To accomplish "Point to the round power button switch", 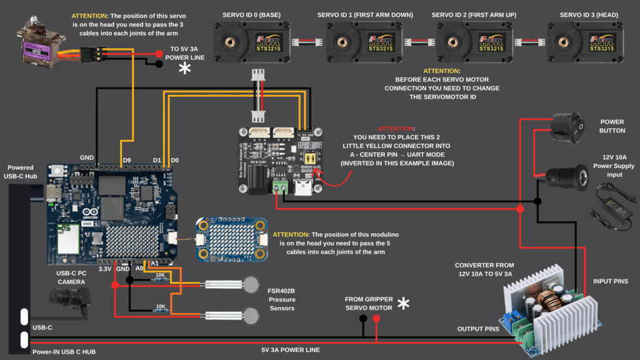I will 562,125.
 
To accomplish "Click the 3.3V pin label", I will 106,269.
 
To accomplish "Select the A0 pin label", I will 139,269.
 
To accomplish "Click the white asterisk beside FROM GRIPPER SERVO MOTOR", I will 404,304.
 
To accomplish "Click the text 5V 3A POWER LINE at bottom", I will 291,350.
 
